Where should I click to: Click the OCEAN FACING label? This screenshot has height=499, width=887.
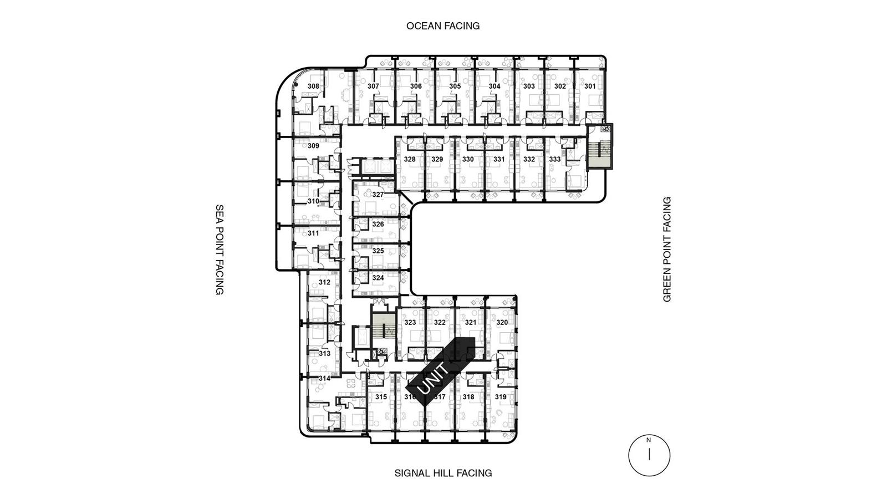(x=443, y=26)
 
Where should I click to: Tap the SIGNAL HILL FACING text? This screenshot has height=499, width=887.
(x=443, y=473)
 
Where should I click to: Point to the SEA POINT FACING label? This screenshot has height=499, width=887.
(x=220, y=249)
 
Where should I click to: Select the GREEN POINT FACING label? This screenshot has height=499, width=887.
(x=667, y=249)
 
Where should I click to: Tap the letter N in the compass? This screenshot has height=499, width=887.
(x=649, y=440)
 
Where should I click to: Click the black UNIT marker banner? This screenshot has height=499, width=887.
(x=440, y=372)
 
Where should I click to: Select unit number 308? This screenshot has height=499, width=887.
(x=313, y=86)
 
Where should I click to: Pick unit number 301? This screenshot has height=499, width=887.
(x=590, y=86)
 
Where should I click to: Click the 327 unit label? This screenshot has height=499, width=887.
(x=378, y=195)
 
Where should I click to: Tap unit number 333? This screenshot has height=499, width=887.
(x=555, y=159)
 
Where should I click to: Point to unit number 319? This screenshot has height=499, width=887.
(x=501, y=397)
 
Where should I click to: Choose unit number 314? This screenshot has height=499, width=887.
(x=324, y=379)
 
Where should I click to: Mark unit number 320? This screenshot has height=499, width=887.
(x=502, y=322)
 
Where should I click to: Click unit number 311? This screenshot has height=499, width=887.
(x=313, y=233)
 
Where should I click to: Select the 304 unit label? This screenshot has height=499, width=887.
(x=495, y=86)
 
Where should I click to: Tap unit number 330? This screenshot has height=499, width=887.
(x=468, y=159)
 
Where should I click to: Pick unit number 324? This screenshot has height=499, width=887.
(x=378, y=278)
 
